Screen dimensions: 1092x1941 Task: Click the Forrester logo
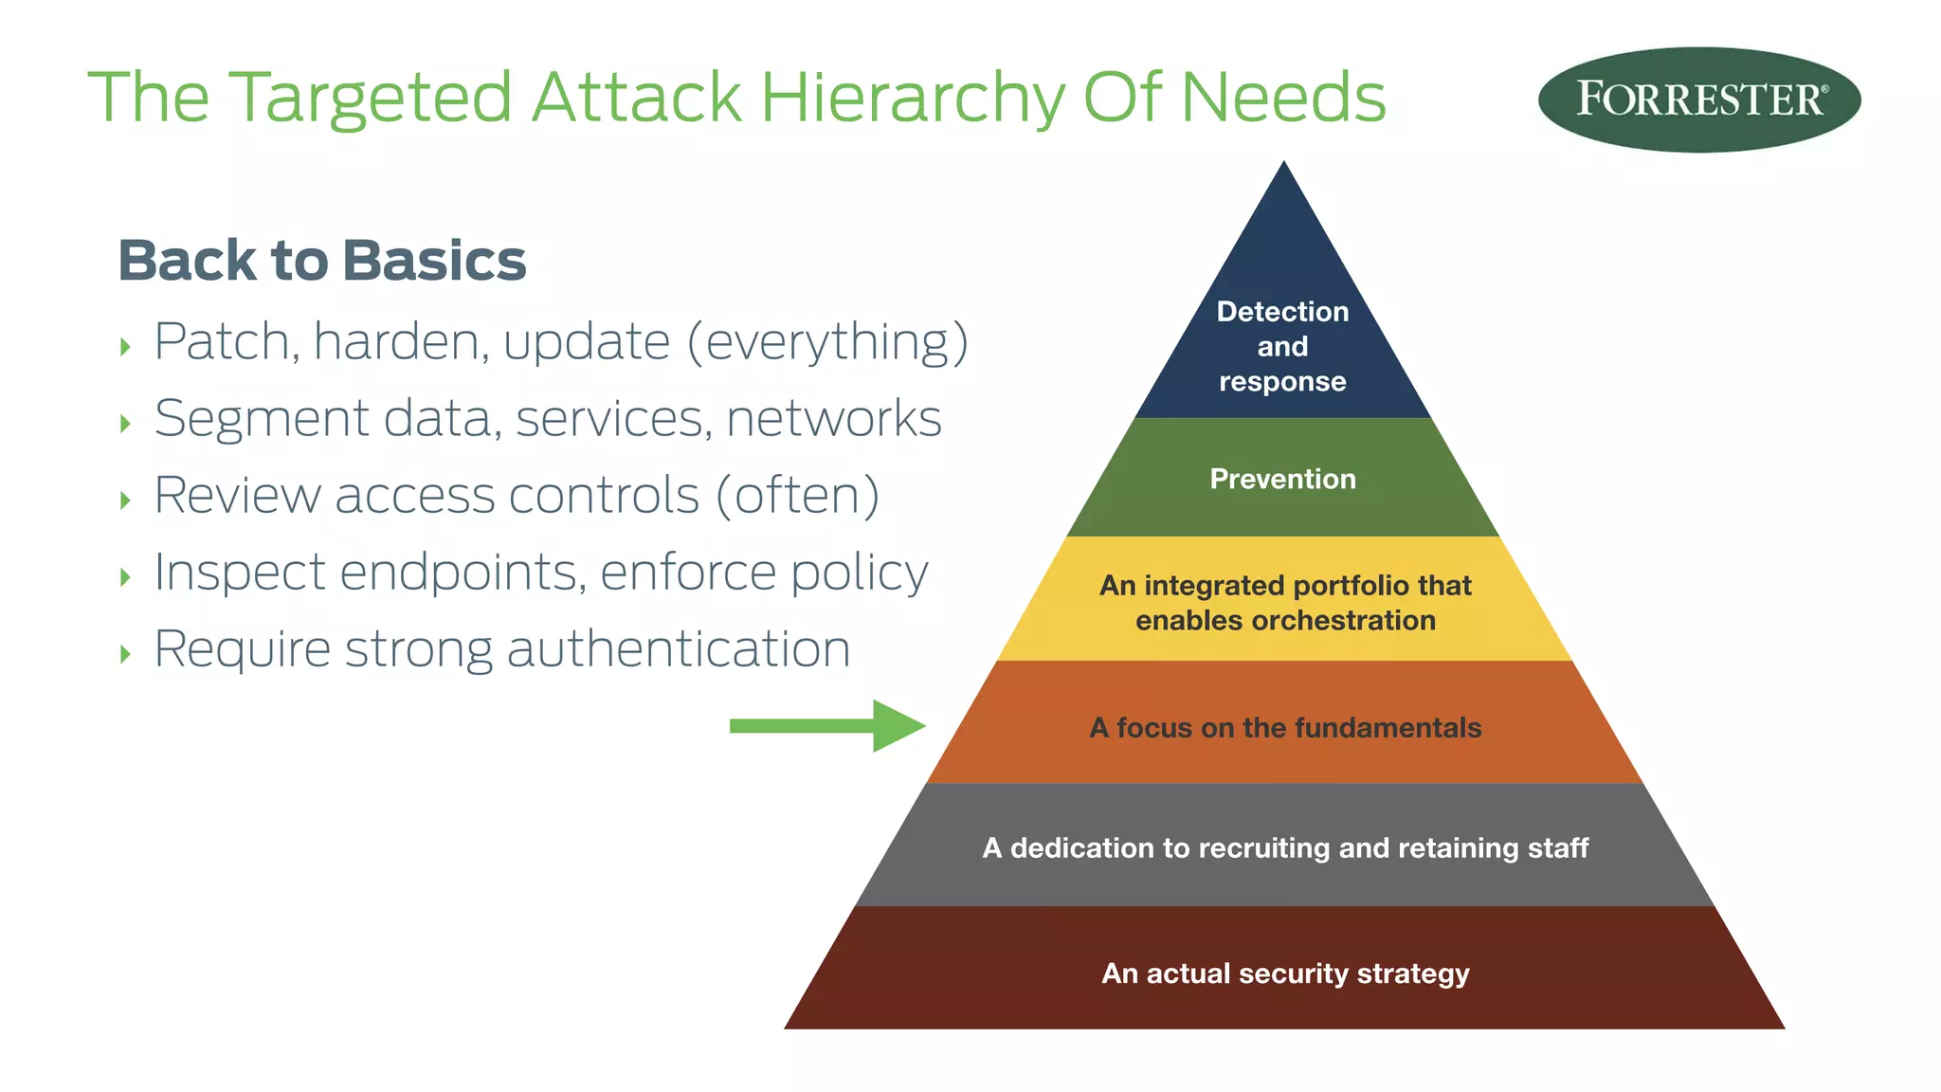[x=1698, y=100]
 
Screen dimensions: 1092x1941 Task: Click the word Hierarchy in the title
[x=913, y=98]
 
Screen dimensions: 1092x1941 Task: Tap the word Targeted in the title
[x=371, y=99]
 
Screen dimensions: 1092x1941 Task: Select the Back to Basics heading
[x=321, y=261]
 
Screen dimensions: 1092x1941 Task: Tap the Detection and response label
[x=1282, y=346]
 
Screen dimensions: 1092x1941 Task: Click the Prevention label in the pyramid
[x=1282, y=479]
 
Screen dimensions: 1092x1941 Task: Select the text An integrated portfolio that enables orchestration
[x=1285, y=603]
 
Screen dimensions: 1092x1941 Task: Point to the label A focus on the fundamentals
[x=1285, y=727]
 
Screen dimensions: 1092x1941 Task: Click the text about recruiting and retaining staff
[x=1285, y=847]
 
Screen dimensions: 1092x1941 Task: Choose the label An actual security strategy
[x=1285, y=974]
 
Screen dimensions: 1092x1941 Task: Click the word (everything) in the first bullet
[x=827, y=342]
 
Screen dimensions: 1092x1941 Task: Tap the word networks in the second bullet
[x=834, y=419]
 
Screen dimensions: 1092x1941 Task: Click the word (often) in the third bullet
[x=797, y=496]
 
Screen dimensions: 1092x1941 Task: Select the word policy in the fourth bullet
[x=860, y=573]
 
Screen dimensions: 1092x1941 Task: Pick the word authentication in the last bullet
[x=679, y=649]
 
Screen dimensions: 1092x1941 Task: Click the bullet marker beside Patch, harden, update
[x=125, y=347]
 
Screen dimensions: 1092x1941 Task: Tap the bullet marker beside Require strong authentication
[x=125, y=654]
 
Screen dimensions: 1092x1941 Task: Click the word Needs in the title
[x=1282, y=98]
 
